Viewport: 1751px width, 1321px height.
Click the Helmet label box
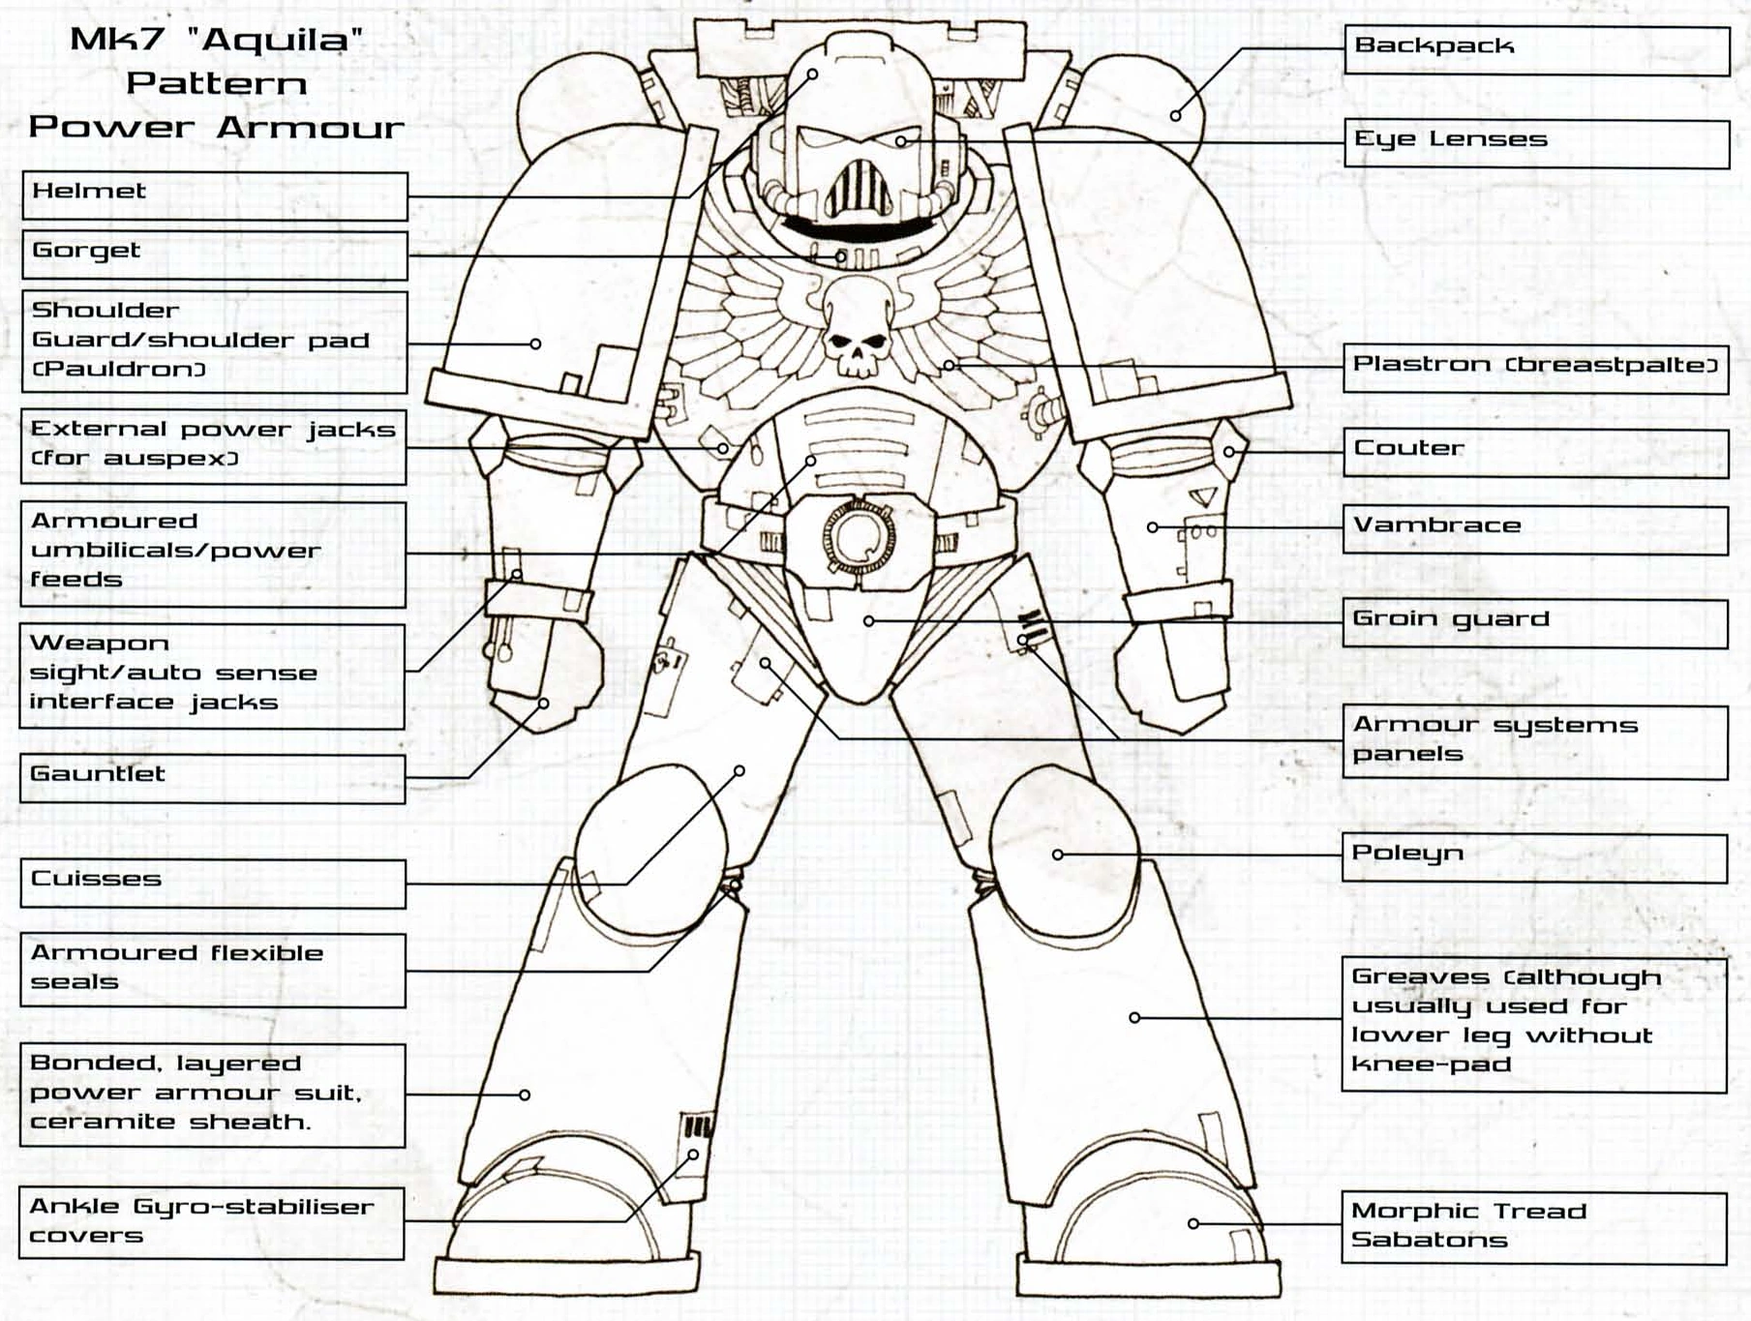pyautogui.click(x=214, y=196)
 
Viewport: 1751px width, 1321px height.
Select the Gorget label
pyautogui.click(x=214, y=255)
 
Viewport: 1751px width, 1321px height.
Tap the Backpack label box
pyautogui.click(x=1536, y=50)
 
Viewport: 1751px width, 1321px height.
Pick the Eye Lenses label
pyautogui.click(x=1536, y=143)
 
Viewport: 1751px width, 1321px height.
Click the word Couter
pyautogui.click(x=1408, y=448)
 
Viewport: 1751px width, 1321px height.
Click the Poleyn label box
pyautogui.click(x=1534, y=857)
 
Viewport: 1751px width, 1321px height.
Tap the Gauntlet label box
pyautogui.click(x=213, y=778)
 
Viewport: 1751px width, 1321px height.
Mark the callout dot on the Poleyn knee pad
pyautogui.click(x=1058, y=855)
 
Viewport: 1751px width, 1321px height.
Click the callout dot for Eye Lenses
pyautogui.click(x=900, y=141)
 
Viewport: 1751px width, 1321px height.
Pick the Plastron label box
pyautogui.click(x=1535, y=369)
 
